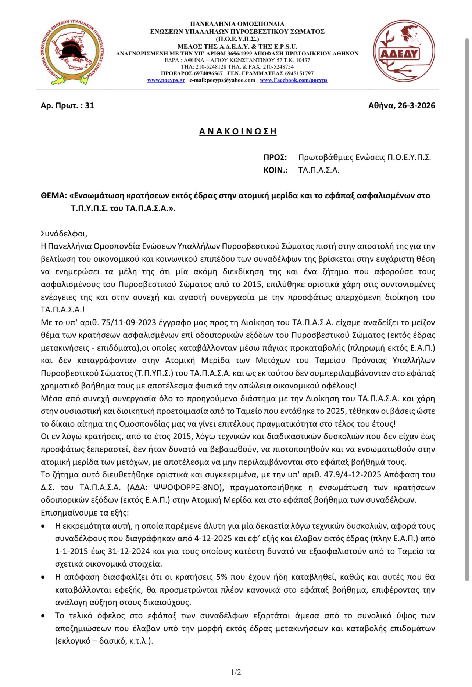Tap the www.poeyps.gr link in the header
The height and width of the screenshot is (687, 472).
click(x=166, y=80)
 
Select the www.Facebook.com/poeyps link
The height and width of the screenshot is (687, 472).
click(x=293, y=80)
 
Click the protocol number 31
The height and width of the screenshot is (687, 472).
click(x=90, y=106)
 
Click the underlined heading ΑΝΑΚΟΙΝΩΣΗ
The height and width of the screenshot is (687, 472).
click(x=238, y=131)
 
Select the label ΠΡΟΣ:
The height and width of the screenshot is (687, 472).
click(x=275, y=158)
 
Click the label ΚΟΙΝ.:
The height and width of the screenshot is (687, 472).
click(x=275, y=170)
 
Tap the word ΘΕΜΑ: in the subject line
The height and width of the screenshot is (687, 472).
click(x=54, y=196)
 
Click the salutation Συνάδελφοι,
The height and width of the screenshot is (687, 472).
click(x=64, y=234)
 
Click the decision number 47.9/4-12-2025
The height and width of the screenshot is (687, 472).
click(x=353, y=475)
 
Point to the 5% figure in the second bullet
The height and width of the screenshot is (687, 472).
click(x=222, y=577)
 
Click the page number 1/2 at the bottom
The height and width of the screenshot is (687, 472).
click(x=236, y=672)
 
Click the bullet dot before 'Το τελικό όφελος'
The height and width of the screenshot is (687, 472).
click(x=43, y=616)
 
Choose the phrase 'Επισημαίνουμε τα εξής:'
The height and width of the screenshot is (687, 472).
click(x=85, y=513)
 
